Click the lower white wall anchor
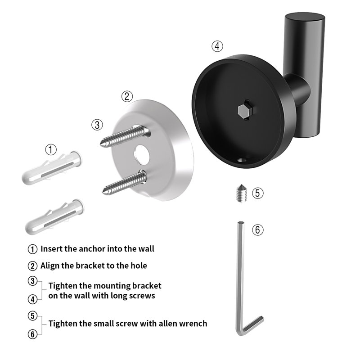coord(55,216)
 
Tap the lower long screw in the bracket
coord(125,183)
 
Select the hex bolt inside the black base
coord(243,111)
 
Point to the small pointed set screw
coord(241,193)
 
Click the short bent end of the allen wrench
coord(252,324)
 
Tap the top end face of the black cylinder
coord(305,18)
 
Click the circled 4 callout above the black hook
coord(217,46)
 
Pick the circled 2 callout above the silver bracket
coord(127,96)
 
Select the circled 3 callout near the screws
coord(97,125)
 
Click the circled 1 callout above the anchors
coord(51,149)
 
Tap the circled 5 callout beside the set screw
coord(257,193)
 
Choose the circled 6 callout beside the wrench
coord(257,229)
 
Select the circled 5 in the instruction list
coord(32,316)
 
